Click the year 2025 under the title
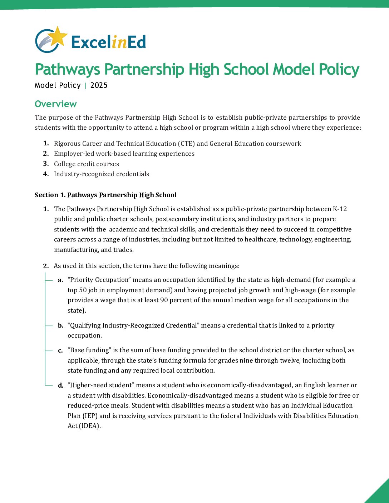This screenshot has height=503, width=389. (x=99, y=85)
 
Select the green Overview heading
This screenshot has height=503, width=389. (x=56, y=104)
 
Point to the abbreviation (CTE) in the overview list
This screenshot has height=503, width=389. (x=186, y=144)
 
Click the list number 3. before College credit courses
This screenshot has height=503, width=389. (x=46, y=164)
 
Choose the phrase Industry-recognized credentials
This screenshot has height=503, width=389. (x=102, y=174)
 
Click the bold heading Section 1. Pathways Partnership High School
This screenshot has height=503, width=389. (x=105, y=195)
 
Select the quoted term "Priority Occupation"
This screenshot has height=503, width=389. (x=98, y=280)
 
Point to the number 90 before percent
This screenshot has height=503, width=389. (x=164, y=300)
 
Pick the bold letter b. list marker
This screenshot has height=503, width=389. (x=60, y=325)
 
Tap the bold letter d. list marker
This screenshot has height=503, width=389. (x=60, y=385)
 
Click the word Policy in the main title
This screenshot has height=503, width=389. (x=339, y=69)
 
